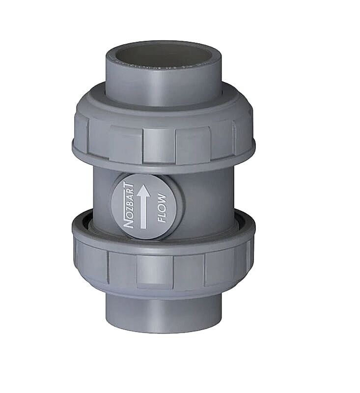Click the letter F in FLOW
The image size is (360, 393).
point(162,219)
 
